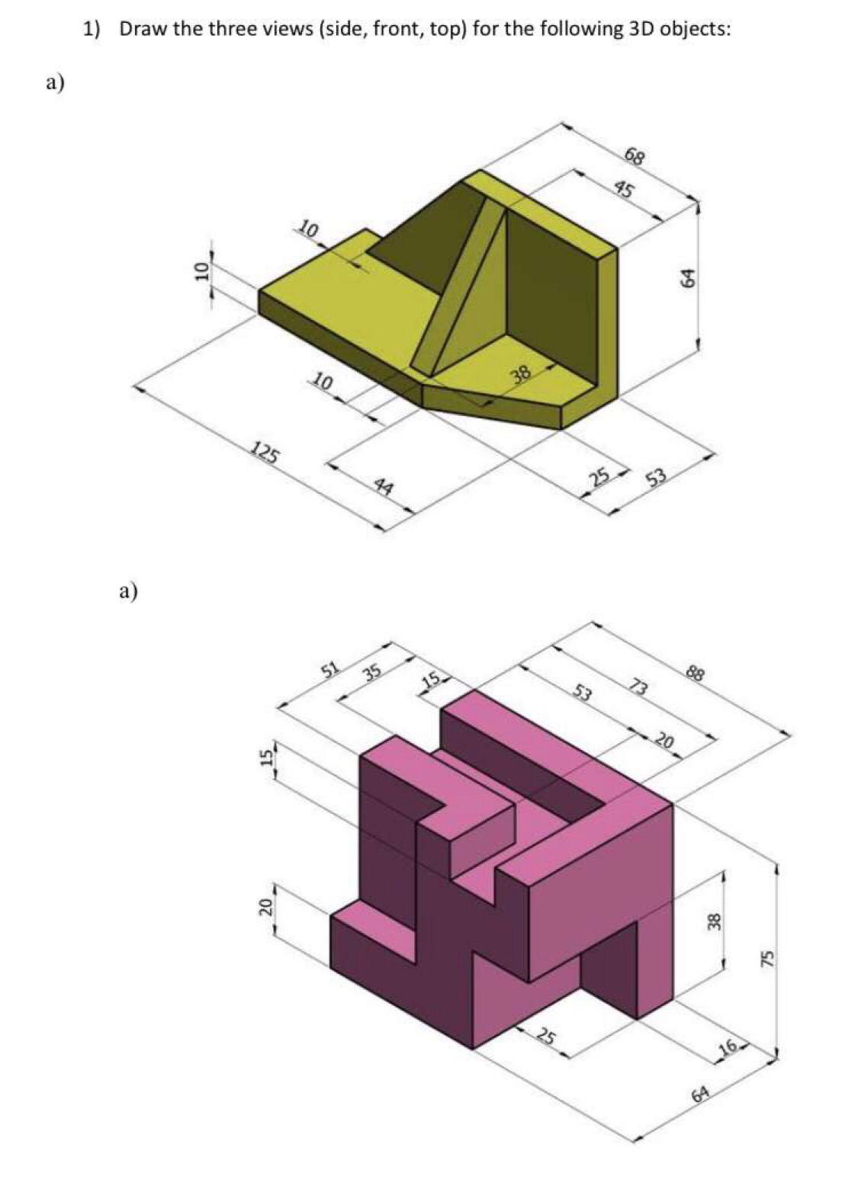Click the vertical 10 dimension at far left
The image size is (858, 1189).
click(x=201, y=271)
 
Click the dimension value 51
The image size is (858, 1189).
click(x=330, y=670)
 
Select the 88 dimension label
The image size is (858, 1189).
click(x=695, y=673)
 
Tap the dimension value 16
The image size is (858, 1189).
click(x=728, y=1048)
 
